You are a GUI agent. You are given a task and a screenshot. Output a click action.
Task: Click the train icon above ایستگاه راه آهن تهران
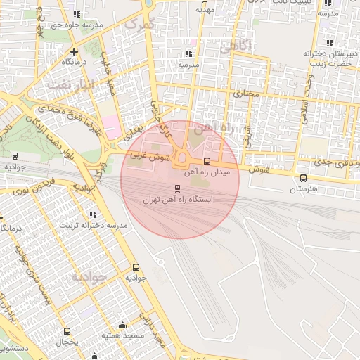[x=176, y=188]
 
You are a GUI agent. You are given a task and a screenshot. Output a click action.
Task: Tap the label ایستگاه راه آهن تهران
[x=177, y=200]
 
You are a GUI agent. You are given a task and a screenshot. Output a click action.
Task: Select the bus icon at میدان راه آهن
[x=206, y=161]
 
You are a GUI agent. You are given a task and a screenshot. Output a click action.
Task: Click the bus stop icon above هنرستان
[x=303, y=178]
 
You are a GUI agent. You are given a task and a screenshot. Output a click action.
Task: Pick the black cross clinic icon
[x=75, y=51]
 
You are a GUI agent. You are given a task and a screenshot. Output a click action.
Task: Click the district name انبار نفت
[x=70, y=85]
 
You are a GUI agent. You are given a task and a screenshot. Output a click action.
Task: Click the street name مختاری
[x=246, y=92]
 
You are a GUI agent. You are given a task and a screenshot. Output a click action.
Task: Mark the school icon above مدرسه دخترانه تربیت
[x=93, y=214]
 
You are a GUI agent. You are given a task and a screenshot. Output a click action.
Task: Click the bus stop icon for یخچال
[x=67, y=331]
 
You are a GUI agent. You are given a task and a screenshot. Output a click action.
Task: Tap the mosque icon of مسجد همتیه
[x=123, y=325]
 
